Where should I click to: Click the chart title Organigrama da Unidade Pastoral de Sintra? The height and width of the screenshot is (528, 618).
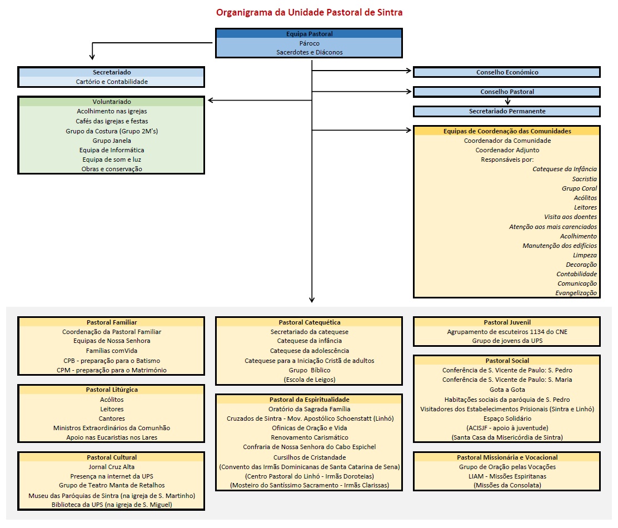309,12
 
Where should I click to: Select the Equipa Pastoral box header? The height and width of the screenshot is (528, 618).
309,34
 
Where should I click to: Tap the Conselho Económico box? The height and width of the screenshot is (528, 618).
507,72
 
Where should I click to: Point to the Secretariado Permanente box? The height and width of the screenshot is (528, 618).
507,111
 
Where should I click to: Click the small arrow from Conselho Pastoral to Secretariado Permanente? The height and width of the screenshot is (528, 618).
507,101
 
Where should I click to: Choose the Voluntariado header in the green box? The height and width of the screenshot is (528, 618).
112,102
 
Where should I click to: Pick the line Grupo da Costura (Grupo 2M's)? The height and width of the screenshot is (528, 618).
112,131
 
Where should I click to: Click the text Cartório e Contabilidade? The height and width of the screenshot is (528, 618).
112,82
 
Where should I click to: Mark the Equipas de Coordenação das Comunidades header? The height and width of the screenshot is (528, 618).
507,131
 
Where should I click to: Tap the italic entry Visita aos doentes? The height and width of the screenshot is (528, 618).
570,217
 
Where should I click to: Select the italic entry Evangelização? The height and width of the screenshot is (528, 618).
576,293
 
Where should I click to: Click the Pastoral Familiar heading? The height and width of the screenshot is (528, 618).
112,322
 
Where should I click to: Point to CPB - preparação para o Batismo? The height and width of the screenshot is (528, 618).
112,360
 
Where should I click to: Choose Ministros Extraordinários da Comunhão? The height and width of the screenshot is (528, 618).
112,428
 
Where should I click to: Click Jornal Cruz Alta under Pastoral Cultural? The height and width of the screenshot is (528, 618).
112,467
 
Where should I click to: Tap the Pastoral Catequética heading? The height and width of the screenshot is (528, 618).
309,322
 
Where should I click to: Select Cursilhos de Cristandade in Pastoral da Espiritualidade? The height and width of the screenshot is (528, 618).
309,457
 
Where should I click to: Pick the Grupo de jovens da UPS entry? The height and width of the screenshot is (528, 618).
507,341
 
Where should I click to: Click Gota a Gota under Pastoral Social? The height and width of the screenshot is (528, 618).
507,390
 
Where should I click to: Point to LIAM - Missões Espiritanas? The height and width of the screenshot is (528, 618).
507,476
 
